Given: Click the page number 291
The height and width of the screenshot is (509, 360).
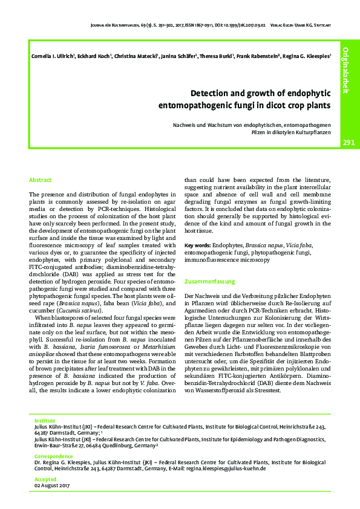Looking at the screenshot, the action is tap(349, 143).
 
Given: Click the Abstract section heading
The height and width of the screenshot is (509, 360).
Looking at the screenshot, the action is tap(41, 180).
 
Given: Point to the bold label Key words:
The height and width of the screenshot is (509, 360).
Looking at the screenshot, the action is tap(197, 245).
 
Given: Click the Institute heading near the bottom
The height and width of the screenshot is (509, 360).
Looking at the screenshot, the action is tap(45, 419).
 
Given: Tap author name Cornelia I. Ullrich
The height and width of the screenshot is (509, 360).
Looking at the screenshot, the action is tap(51, 57).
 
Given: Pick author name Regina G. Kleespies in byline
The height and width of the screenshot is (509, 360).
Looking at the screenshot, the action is tap(307, 57).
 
